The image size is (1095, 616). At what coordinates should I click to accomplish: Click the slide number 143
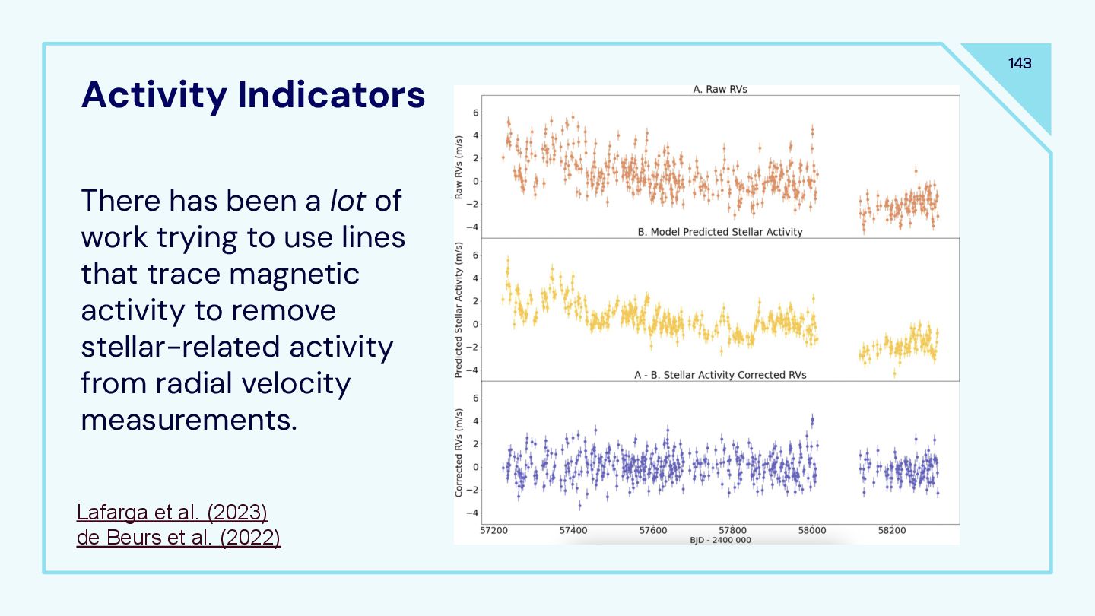point(1020,63)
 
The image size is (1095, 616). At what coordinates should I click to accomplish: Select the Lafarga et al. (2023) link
point(173,513)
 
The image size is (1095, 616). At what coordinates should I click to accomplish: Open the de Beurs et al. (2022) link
point(179,538)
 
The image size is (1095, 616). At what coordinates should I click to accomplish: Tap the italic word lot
point(348,201)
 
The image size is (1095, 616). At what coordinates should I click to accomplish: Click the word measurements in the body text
point(189,420)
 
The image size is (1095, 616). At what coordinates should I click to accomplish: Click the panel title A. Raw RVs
point(720,89)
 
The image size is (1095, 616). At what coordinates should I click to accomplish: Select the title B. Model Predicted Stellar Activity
point(719,232)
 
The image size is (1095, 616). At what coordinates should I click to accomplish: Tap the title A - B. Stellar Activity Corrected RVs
point(720,375)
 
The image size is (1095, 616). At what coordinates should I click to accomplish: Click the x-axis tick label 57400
point(573,531)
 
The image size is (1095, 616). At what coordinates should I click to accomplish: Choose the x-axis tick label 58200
point(891,531)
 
